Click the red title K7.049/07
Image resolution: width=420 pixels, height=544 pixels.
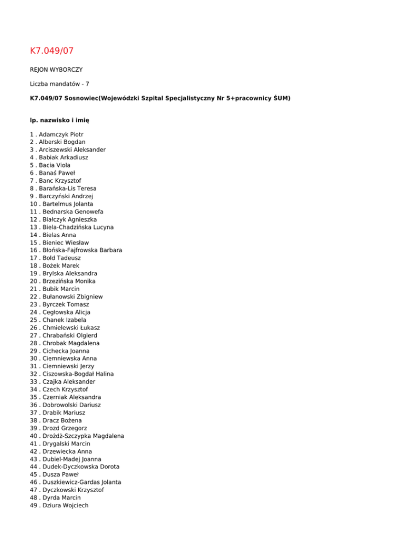51,51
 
